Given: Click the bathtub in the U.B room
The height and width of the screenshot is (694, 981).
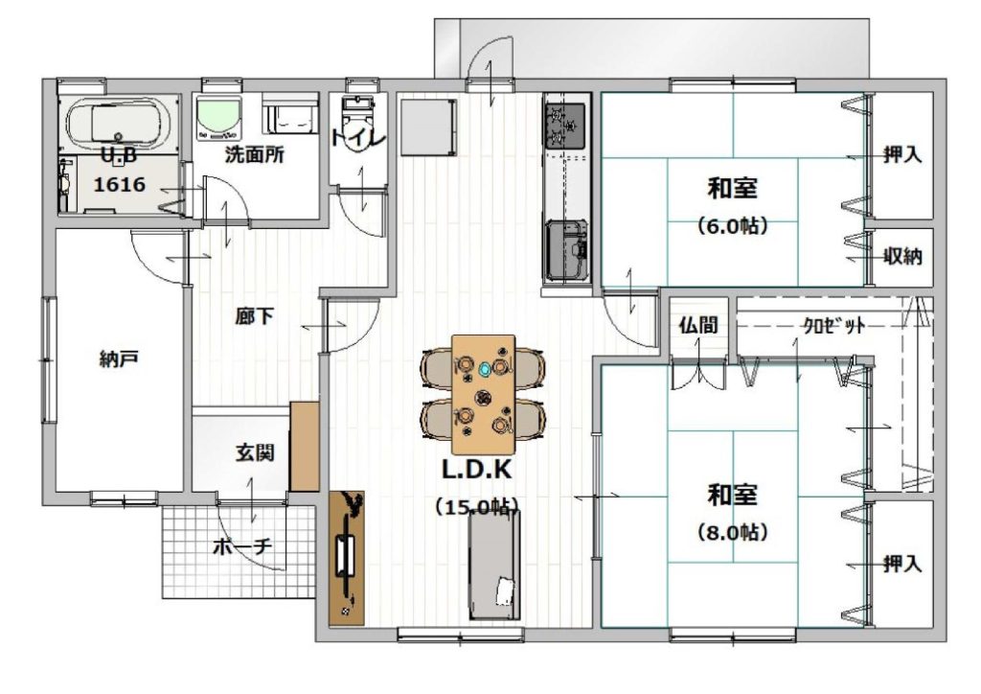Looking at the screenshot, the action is coord(119,125).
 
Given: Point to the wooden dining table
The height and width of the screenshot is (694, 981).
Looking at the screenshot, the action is coord(484,394).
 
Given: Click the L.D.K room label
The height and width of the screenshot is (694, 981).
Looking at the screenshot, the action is coord(477,470).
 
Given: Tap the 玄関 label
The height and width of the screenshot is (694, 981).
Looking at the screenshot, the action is coord(255,451).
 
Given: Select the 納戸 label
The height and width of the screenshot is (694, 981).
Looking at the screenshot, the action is coord(119,359).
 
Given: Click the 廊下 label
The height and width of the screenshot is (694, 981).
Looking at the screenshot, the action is coord(254,316).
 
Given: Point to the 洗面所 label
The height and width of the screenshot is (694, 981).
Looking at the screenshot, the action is coord(255,154).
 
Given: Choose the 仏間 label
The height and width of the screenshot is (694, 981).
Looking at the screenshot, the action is coord(698,325).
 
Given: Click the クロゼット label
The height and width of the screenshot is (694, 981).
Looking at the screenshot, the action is coord(834,325).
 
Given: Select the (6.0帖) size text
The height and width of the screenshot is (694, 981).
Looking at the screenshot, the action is coord(732,226).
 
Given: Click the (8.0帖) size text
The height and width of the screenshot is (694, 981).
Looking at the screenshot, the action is coord(732,533).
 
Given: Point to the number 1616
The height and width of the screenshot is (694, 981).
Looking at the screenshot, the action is coord(120,185).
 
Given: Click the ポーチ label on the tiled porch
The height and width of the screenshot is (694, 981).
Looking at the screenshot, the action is coord(242,547).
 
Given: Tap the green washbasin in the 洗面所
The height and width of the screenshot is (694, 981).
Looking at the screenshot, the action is coord(219,117).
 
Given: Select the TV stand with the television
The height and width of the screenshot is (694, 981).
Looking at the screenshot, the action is coord(347,558).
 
